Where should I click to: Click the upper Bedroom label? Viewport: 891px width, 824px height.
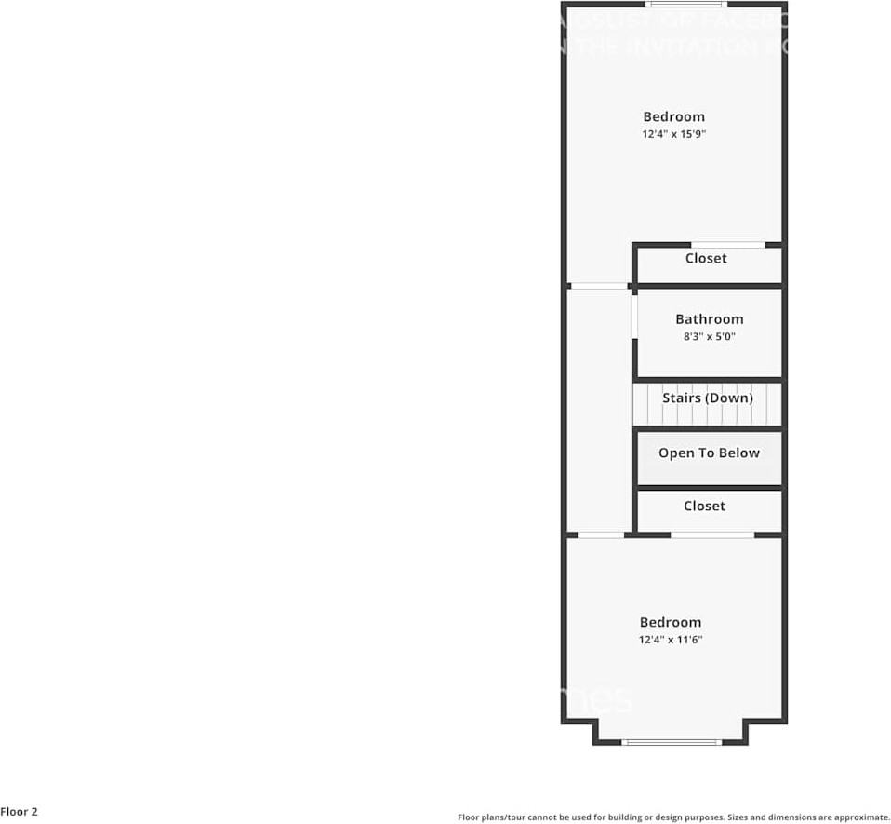(673, 116)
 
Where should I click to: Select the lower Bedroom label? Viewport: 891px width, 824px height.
(670, 622)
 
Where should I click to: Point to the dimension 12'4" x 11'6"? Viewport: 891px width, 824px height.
(670, 640)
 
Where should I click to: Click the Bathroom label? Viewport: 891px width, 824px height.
(709, 319)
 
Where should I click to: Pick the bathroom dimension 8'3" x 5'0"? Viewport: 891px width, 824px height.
(709, 337)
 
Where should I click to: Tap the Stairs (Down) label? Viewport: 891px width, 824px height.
(707, 398)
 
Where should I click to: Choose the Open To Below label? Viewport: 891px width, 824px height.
(709, 453)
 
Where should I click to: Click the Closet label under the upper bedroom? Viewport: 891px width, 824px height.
(706, 258)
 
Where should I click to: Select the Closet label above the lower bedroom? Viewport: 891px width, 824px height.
(704, 506)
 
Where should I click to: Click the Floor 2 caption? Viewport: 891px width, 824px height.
(20, 812)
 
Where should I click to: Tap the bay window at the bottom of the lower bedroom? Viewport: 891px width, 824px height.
(671, 742)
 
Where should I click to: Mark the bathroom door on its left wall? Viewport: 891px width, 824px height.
(634, 319)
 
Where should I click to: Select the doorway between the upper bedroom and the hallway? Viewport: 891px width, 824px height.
(598, 286)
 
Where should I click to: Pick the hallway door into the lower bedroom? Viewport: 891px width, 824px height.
(601, 534)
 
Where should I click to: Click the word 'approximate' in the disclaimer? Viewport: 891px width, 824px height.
(860, 817)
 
